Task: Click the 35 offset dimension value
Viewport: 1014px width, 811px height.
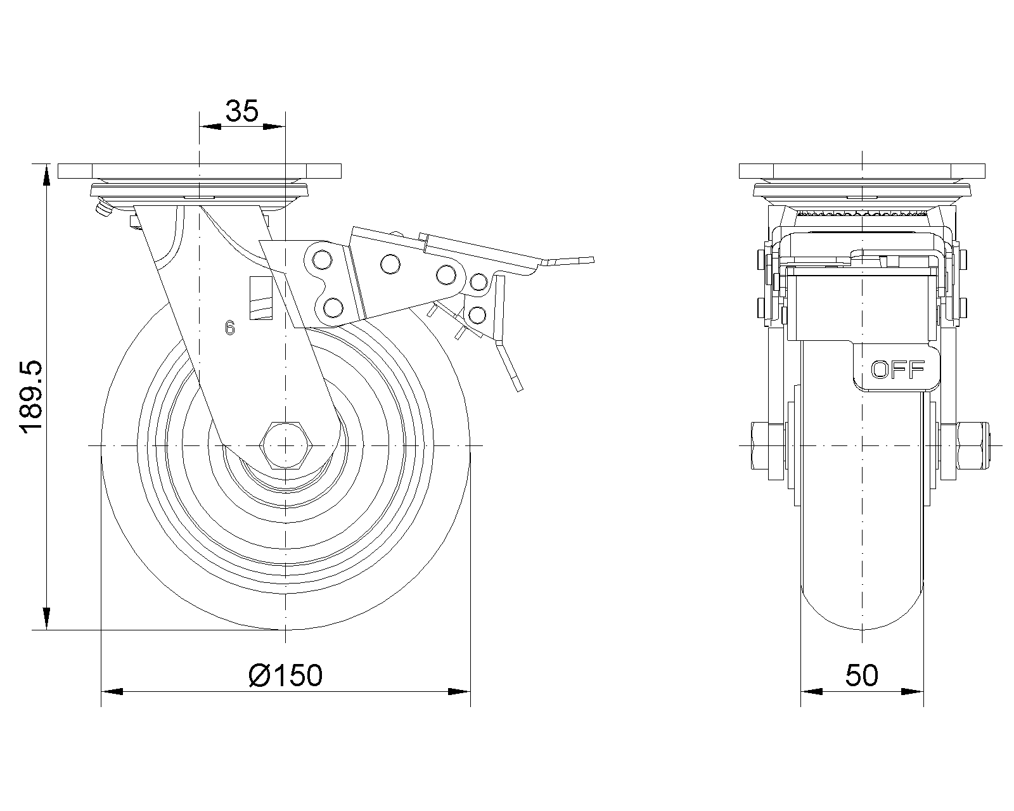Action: tap(243, 112)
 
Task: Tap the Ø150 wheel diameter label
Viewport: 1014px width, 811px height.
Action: tap(286, 675)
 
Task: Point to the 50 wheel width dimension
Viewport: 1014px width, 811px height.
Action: tap(862, 675)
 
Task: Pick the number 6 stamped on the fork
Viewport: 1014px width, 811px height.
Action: tap(229, 328)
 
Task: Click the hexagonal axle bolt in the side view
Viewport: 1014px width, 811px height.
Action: tap(286, 446)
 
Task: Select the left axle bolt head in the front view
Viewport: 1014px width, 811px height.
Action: tap(760, 446)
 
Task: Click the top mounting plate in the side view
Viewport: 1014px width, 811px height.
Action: tap(200, 171)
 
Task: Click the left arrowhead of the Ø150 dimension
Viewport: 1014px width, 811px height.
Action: tap(112, 691)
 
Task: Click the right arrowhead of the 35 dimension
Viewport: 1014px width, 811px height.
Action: tap(274, 127)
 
